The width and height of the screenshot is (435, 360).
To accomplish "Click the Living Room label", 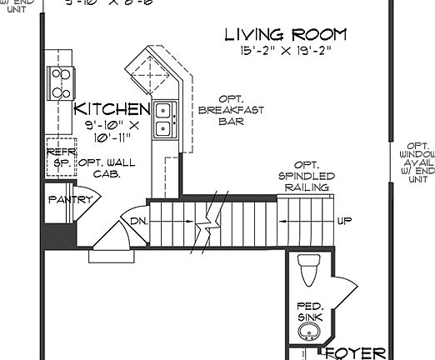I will point(286,35).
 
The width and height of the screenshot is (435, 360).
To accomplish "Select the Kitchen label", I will point(112,109).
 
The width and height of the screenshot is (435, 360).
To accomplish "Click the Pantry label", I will point(64,200).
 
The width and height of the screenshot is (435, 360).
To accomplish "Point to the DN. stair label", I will point(138,221).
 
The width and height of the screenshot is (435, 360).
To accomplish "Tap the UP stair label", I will point(344,221).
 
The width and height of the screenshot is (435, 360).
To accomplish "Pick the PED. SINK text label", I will point(308,311).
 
